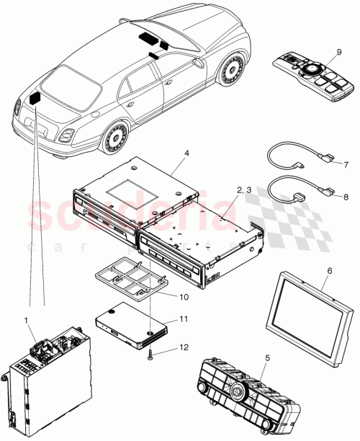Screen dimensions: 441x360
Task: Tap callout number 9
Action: [338, 52]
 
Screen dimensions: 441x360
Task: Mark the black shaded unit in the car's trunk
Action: [35, 100]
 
